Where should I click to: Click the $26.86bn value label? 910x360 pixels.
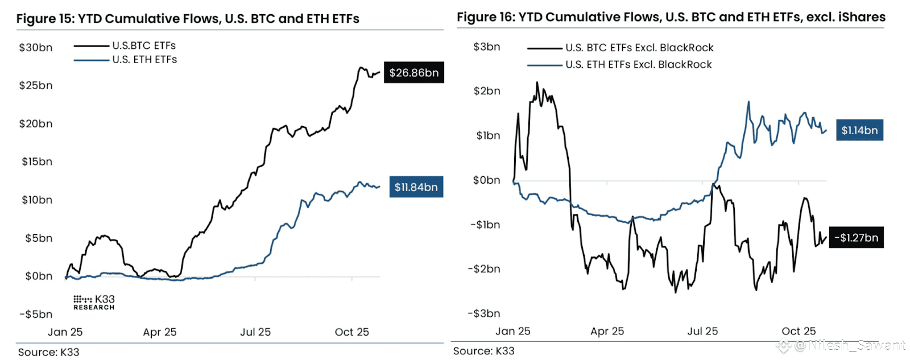413,73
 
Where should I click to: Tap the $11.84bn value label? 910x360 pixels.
416,187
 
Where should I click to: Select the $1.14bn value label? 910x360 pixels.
859,130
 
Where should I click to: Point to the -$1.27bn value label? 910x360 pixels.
856,238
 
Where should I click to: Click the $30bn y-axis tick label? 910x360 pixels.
36,48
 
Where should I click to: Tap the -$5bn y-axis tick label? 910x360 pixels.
36,315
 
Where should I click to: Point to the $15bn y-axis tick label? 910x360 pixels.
37,162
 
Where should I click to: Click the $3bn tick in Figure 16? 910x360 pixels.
487,47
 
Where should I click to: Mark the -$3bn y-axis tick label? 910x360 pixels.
484,313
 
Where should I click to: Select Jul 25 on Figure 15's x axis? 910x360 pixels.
255,332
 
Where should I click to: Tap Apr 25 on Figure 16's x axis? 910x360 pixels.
607,331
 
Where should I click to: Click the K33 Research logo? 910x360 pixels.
94,302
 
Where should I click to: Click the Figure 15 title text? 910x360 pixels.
188,19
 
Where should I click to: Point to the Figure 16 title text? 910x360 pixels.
671,17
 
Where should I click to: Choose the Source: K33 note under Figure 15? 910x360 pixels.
49,352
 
